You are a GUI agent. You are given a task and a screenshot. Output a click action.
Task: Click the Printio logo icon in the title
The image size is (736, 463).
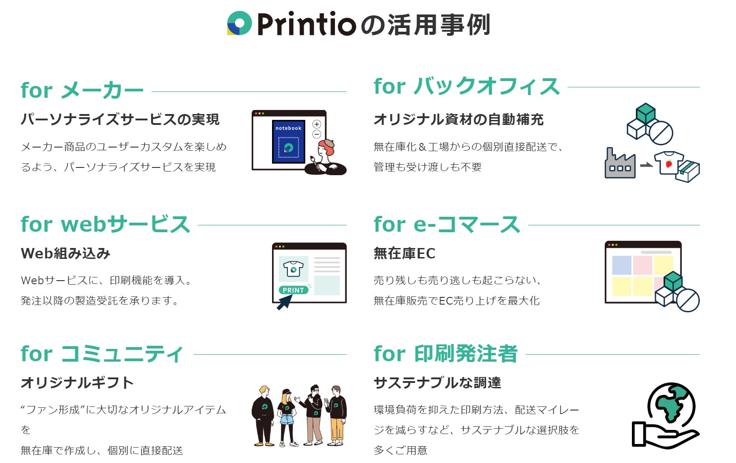click(x=239, y=24)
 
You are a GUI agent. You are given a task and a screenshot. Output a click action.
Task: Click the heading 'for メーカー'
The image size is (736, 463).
click(x=82, y=90)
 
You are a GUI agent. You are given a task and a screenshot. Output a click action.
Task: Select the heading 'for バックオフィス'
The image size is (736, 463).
click(x=467, y=86)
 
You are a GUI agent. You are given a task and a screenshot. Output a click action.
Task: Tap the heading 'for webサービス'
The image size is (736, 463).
click(x=105, y=224)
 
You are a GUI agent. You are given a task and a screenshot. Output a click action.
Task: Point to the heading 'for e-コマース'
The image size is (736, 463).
click(x=447, y=224)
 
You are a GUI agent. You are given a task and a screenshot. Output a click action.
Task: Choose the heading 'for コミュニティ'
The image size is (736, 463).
click(x=102, y=353)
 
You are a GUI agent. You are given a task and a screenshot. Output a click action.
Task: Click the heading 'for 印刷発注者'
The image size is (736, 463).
click(x=445, y=353)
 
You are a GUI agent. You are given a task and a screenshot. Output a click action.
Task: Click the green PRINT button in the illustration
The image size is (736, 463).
click(x=293, y=290)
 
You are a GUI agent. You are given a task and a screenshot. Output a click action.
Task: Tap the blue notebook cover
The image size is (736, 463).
click(x=288, y=141)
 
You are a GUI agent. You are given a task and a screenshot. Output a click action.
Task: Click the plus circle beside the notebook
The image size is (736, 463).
click(x=316, y=124)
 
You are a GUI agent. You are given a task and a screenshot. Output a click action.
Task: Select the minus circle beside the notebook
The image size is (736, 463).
click(x=317, y=134)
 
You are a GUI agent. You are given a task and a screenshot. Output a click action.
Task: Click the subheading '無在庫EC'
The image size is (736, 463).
click(x=404, y=253)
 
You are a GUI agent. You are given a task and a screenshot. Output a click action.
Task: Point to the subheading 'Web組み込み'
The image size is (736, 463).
click(x=65, y=253)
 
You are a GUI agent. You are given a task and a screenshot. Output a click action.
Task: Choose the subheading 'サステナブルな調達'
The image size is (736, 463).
click(x=437, y=383)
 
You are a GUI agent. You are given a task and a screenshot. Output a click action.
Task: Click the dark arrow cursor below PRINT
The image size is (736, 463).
click(x=284, y=303)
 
